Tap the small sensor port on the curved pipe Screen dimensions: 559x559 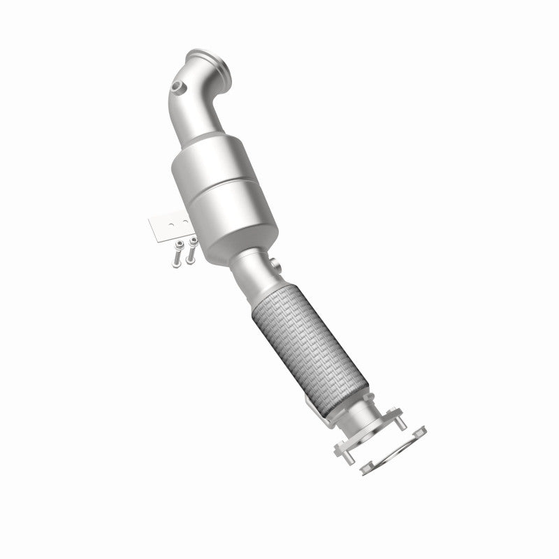(x=180, y=89)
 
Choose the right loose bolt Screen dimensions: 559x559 (x=190, y=251)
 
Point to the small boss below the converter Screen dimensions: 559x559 (x=275, y=266)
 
